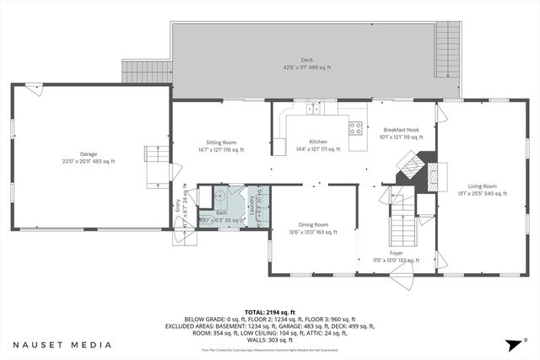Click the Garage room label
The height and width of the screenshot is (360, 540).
(x=89, y=158)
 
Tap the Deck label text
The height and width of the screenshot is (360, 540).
(x=306, y=63)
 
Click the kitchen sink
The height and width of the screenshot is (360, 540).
(x=313, y=108)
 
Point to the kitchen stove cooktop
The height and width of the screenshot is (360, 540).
(x=356, y=129)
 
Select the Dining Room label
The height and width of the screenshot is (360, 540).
(x=312, y=227)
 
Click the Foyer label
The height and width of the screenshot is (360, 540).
(x=396, y=255)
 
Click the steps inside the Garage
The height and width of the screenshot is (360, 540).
(x=154, y=164)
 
